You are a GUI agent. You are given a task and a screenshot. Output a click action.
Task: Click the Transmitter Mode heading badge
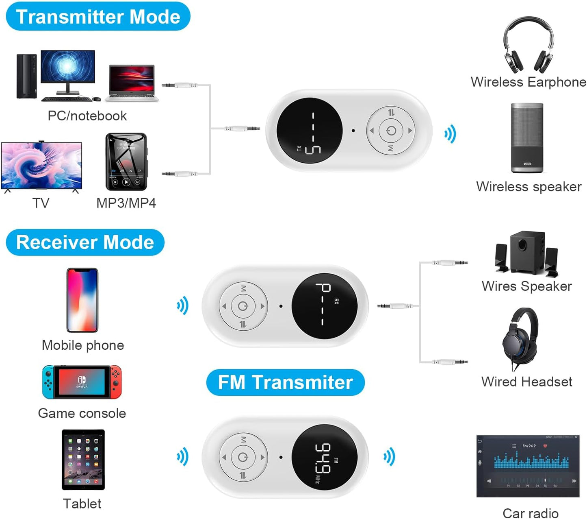98,17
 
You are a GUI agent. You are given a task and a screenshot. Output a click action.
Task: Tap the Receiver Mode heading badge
85,242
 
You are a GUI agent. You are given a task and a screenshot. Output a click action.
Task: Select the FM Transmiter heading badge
285,382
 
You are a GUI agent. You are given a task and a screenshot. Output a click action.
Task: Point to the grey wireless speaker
527,138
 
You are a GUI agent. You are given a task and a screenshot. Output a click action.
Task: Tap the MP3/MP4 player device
126,161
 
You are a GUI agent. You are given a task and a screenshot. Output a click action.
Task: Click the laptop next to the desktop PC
132,83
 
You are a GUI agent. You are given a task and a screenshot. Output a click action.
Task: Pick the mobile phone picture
82,300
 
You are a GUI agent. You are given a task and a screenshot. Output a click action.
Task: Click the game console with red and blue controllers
82,382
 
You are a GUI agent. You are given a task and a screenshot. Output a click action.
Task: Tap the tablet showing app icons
83,460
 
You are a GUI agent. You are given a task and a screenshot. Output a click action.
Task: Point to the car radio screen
528,466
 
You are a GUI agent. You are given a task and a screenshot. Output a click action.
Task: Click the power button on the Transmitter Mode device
391,131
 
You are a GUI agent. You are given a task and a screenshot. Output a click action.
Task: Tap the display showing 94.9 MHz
325,458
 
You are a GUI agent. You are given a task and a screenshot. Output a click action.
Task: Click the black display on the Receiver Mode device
325,306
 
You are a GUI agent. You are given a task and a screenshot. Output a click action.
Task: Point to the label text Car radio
530,513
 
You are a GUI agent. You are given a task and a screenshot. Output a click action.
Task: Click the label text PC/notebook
87,116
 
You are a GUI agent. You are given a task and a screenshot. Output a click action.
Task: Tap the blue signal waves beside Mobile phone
183,306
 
